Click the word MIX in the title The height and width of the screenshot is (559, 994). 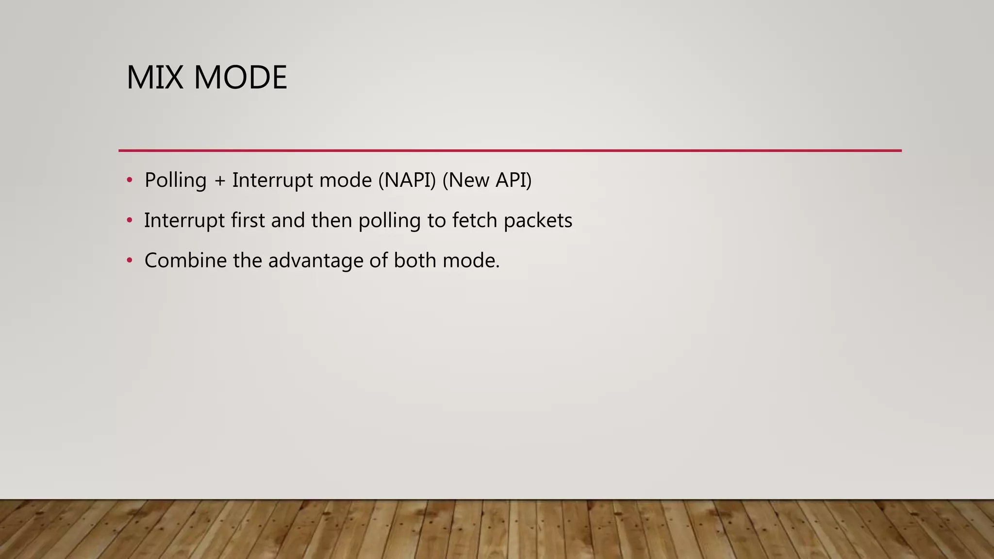(155, 78)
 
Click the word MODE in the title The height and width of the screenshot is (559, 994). (240, 78)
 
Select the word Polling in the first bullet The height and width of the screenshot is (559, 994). (176, 181)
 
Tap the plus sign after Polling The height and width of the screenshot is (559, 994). (220, 181)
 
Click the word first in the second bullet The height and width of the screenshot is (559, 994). (248, 221)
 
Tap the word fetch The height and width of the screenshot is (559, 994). (475, 221)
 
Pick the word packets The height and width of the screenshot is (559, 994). (538, 221)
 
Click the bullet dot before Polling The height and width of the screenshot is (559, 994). (129, 181)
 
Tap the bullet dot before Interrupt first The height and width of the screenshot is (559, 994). (129, 221)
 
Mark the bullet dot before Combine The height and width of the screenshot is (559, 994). (129, 261)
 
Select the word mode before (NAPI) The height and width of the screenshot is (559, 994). (346, 181)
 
